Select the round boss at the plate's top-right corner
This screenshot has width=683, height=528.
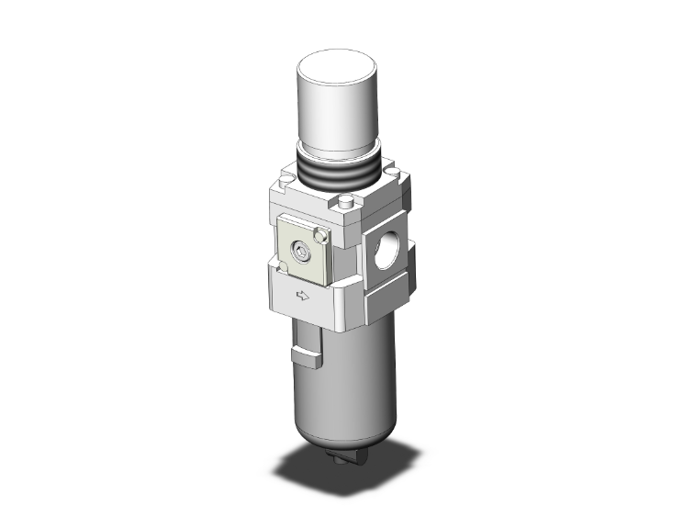point(319,237)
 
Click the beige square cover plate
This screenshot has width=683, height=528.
point(302,250)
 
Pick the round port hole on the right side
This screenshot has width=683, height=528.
point(386,247)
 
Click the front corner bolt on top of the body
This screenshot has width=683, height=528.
point(345,205)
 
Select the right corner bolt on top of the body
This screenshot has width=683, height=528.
point(392,170)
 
